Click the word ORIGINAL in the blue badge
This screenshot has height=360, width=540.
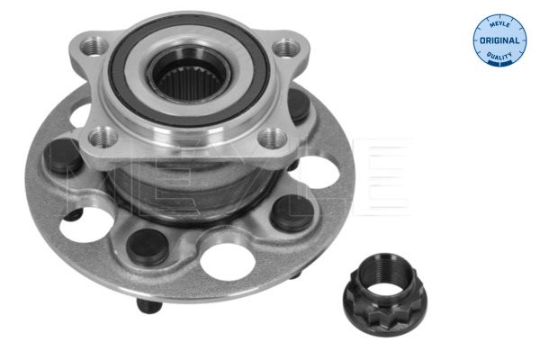pyautogui.click(x=499, y=40)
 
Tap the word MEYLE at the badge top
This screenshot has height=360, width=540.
pyautogui.click(x=499, y=24)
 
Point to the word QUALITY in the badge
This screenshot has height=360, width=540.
pyautogui.click(x=499, y=56)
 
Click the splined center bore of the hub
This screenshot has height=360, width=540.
pyautogui.click(x=189, y=81)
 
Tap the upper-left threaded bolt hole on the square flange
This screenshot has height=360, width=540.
pyautogui.click(x=94, y=47)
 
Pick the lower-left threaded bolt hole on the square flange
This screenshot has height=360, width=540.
pyautogui.click(x=103, y=137)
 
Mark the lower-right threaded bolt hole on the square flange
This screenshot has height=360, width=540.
pyautogui.click(x=272, y=138)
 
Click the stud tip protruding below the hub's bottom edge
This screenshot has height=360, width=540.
pyautogui.click(x=148, y=306)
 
